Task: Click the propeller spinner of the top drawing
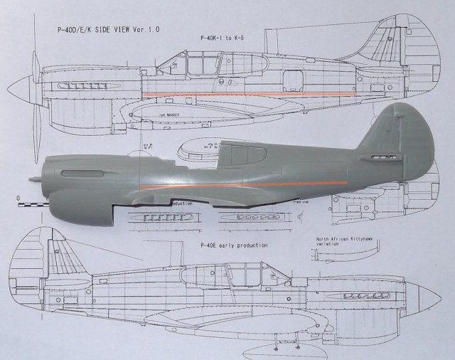coord(21,89)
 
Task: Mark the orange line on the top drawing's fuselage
coord(249,94)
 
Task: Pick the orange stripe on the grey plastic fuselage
coord(242,184)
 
